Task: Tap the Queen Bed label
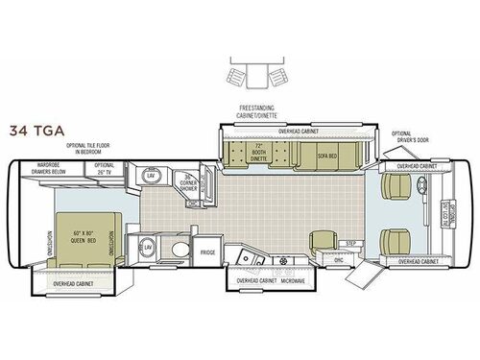78,210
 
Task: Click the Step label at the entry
351,243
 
